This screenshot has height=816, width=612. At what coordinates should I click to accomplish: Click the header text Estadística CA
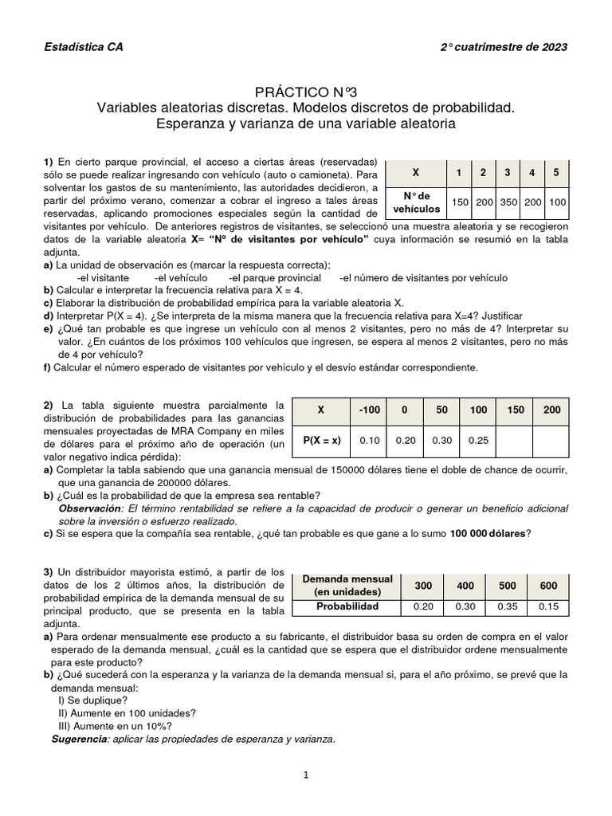[x=83, y=47]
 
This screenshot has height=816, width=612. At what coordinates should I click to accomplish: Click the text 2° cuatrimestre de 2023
[x=504, y=47]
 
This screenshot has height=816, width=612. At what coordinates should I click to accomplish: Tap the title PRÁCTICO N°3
[x=306, y=92]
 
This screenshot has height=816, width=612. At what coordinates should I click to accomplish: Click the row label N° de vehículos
[x=417, y=202]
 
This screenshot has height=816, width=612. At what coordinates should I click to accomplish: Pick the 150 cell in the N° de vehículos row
[x=460, y=202]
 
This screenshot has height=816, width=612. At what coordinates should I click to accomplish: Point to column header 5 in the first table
[x=555, y=173]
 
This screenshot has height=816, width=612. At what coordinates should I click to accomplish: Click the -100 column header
[x=369, y=410]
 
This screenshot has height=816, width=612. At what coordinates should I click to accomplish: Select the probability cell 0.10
[x=369, y=439]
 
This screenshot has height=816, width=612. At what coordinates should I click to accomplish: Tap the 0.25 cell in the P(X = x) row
[x=477, y=439]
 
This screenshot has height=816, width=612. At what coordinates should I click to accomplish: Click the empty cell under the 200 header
[x=551, y=439]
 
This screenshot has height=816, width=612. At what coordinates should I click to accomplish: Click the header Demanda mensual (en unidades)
[x=347, y=586]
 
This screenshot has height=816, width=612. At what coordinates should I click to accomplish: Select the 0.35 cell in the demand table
[x=507, y=606]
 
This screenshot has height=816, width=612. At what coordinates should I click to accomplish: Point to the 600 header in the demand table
[x=548, y=586]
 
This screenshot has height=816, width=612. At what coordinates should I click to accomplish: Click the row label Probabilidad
[x=347, y=606]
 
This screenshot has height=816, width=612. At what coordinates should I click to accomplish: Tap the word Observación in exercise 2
[x=90, y=508]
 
